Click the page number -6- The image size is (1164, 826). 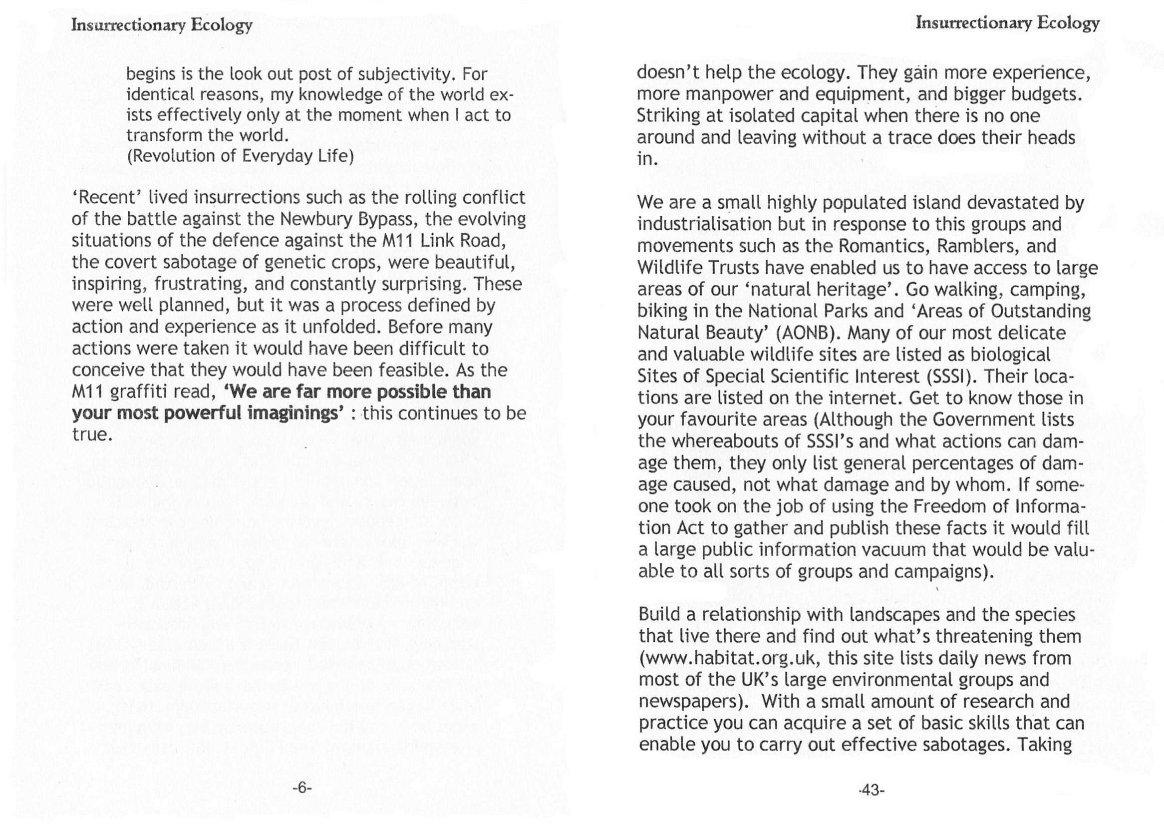point(301,788)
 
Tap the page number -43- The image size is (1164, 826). point(871,790)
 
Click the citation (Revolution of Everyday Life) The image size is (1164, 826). point(240,156)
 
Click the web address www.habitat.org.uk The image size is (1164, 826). point(727,658)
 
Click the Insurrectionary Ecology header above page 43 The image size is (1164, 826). point(1007,23)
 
